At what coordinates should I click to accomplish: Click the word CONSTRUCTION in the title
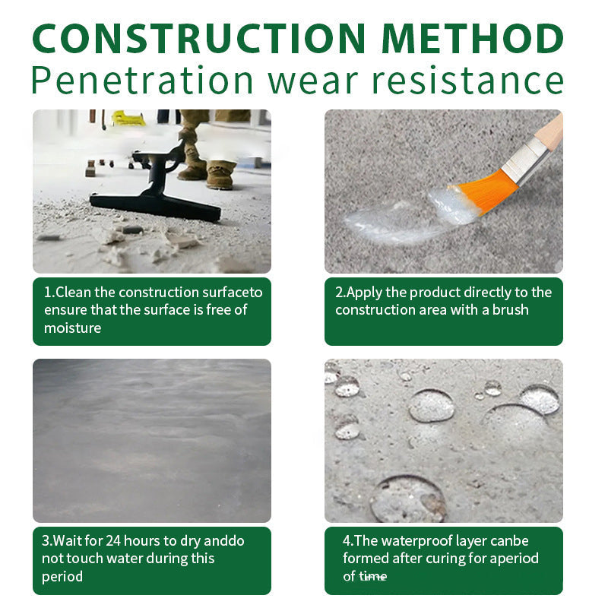198,38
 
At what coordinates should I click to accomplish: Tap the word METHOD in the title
473,38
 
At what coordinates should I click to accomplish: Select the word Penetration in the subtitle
142,81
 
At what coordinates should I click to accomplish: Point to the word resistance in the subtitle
467,81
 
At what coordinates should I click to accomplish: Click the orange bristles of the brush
485,192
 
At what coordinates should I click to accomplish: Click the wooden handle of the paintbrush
549,130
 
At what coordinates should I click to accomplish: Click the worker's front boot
220,176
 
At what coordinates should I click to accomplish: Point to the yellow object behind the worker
128,118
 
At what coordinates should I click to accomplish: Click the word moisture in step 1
72,328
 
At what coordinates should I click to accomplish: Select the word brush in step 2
510,310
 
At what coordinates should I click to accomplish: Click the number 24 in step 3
113,540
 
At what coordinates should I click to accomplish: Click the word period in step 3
62,577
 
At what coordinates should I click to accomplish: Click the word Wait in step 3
67,540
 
